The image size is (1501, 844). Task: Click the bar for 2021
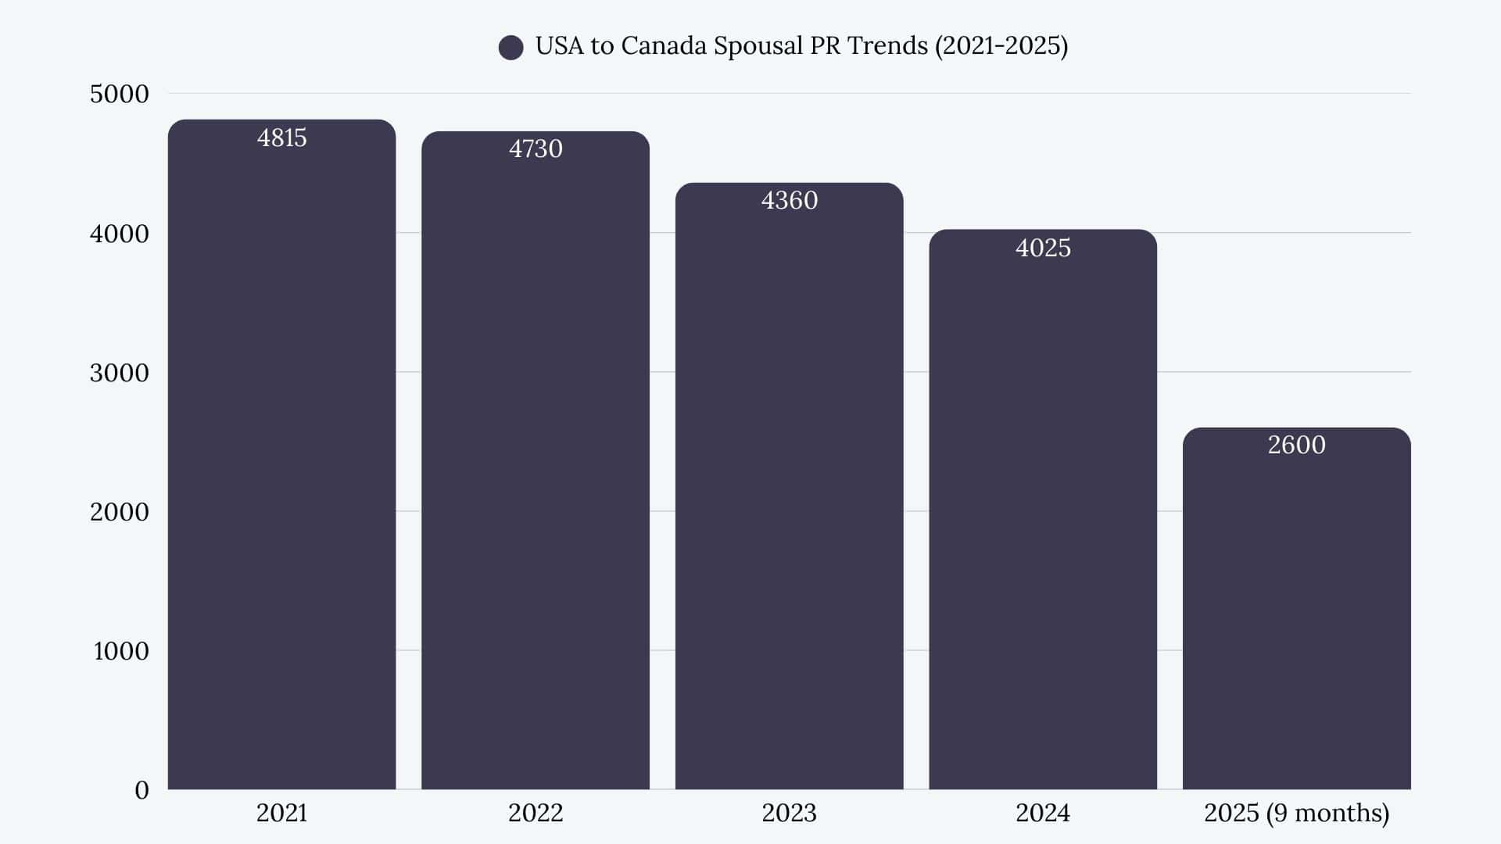[281, 469]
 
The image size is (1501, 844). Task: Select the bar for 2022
[536, 469]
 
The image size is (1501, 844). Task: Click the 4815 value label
[281, 138]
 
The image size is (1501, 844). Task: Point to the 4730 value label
[536, 149]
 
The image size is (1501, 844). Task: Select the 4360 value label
[789, 201]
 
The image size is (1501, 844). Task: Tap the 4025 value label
[1043, 249]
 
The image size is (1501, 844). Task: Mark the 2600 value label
[1296, 445]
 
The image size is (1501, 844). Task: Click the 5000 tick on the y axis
[119, 95]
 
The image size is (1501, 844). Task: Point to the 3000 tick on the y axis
[119, 373]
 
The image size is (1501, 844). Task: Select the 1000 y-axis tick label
[121, 651]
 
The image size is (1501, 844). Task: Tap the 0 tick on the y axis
[142, 790]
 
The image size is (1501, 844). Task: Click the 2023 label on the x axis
[789, 814]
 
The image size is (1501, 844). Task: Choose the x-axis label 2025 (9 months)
[1296, 814]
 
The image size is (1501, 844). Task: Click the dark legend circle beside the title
[510, 48]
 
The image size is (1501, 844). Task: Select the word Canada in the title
[664, 46]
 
